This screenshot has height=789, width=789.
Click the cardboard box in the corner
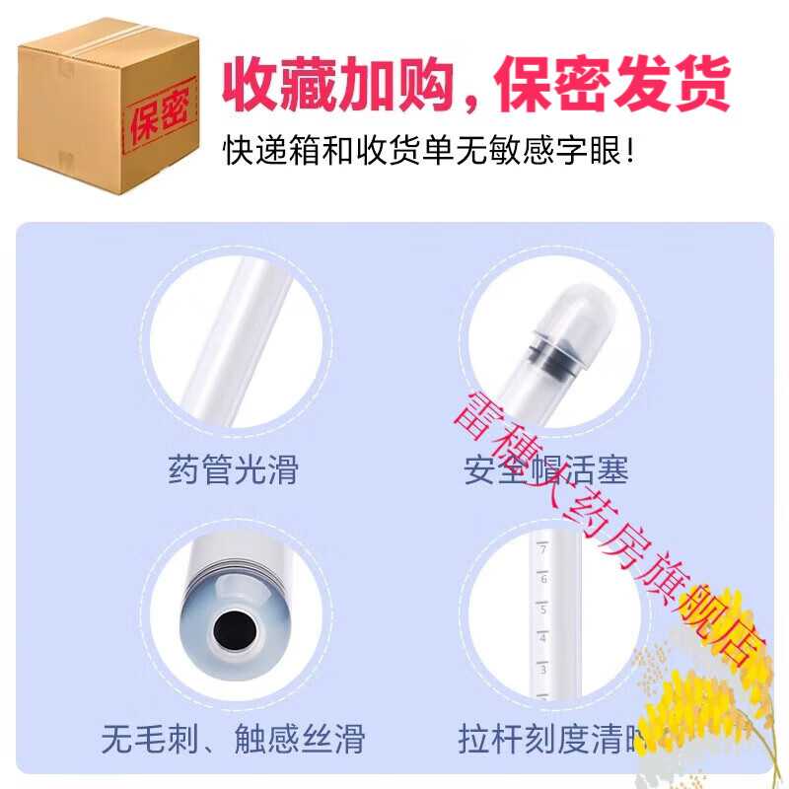108,99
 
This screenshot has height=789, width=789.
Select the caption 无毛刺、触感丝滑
233,738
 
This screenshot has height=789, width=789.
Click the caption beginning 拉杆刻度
552,738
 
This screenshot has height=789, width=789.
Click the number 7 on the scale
543,550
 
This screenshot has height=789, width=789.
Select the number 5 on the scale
543,609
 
